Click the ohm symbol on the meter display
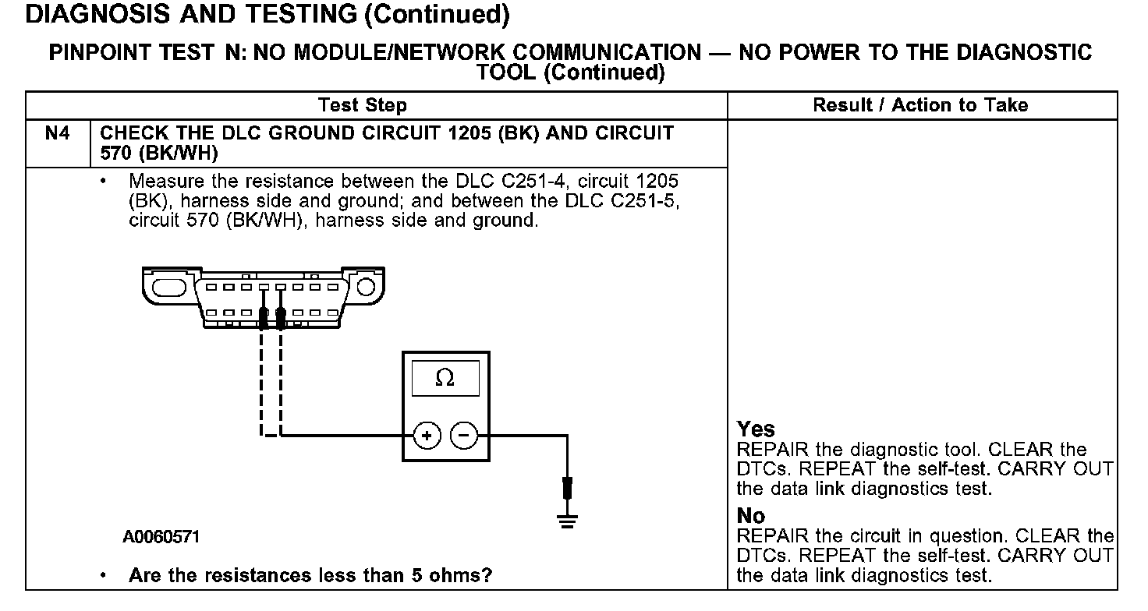coord(445,378)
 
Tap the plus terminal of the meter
coord(427,436)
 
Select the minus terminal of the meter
coord(464,436)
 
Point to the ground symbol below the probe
coord(567,521)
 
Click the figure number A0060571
coord(161,537)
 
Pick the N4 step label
coord(58,133)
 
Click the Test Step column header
coord(363,105)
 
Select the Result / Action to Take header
coord(920,105)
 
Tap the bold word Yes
coord(756,429)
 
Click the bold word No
coord(751,515)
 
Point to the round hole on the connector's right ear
coord(366,287)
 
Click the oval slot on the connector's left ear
coord(169,288)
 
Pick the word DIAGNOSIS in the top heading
coord(97,14)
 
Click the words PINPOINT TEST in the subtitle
coord(132,53)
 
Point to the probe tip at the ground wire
coord(567,488)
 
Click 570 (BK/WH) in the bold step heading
coord(159,153)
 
